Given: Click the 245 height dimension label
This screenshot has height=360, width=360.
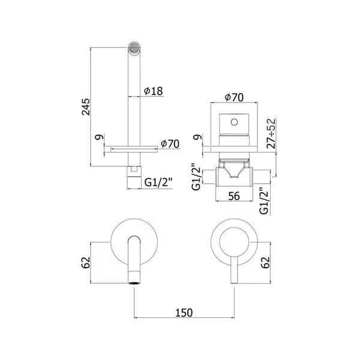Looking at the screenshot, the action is [x=86, y=107].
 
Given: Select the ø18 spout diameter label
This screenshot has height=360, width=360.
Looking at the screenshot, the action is [x=153, y=91].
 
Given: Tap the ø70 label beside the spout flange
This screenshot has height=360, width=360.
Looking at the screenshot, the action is [x=170, y=144].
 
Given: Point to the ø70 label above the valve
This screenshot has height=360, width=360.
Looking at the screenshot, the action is [x=234, y=97].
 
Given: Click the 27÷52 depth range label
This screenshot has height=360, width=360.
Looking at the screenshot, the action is [x=271, y=133].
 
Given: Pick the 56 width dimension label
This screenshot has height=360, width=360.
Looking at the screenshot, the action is [x=234, y=196].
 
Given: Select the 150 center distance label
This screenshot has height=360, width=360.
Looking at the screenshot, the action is [x=184, y=313].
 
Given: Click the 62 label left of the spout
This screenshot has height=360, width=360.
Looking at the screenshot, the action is [x=86, y=262].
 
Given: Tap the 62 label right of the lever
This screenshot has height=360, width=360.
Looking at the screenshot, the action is [x=265, y=262].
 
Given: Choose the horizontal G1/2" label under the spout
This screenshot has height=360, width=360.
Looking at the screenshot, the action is [x=158, y=183].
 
